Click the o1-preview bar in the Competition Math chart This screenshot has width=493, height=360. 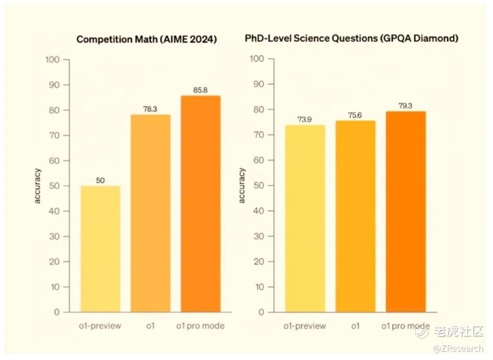tap(101, 249)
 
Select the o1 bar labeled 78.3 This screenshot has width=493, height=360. tap(150, 214)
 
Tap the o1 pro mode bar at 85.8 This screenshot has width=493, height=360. tap(200, 204)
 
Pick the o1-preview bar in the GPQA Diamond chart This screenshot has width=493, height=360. tap(305, 219)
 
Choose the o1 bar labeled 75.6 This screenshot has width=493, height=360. tap(355, 216)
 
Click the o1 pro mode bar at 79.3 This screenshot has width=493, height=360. tap(405, 212)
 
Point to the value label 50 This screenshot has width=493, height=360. tap(100, 180)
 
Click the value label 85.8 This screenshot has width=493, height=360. tap(200, 90)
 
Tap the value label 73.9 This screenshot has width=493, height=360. tap(305, 120)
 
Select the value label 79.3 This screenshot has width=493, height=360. tap(405, 105)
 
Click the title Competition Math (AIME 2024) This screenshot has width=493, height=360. tap(146, 40)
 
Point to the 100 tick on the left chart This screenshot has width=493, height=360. tap(52, 60)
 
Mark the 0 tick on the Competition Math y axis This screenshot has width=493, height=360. tap(57, 312)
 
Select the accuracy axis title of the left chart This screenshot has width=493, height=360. tap(38, 186)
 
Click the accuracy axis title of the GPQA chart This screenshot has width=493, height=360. tap(242, 186)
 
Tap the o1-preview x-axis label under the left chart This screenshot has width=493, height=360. tap(100, 326)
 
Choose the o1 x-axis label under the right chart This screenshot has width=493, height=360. tap(355, 326)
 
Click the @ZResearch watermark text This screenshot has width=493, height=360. tap(458, 348)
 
